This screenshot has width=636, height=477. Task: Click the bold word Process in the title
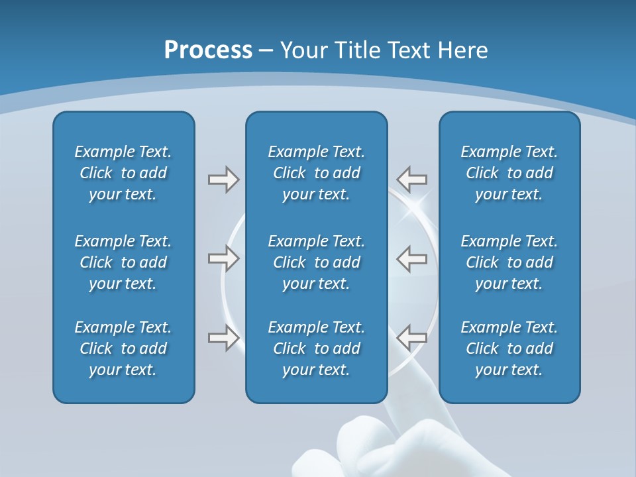(x=208, y=50)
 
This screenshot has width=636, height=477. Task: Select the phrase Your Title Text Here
(x=384, y=50)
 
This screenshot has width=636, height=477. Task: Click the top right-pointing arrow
(x=223, y=180)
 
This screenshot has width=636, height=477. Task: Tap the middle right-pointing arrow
(x=223, y=258)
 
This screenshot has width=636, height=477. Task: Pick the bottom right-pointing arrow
(x=223, y=338)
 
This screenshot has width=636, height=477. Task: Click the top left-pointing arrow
(x=411, y=179)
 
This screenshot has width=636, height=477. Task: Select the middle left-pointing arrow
(x=411, y=258)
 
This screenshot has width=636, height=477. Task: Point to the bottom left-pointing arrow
(x=411, y=338)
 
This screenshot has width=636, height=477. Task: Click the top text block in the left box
(x=123, y=173)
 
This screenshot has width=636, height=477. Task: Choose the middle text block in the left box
(x=123, y=262)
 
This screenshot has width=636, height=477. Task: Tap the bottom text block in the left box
(x=123, y=348)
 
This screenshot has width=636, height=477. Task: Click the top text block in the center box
(x=316, y=173)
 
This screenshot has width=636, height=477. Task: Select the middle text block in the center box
(x=316, y=262)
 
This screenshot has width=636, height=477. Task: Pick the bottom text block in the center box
(x=316, y=348)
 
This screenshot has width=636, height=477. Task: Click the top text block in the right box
(x=509, y=173)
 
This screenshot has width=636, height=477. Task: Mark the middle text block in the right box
(x=509, y=262)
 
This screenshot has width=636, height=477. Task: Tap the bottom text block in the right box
(x=509, y=348)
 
